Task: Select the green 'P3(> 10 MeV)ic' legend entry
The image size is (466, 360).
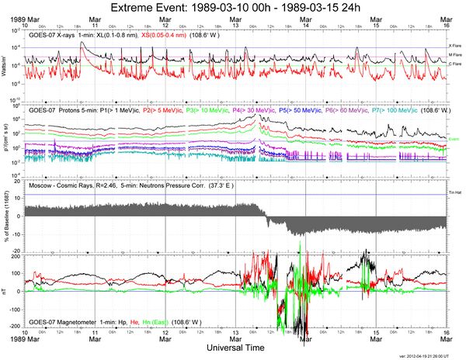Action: [203, 112]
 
